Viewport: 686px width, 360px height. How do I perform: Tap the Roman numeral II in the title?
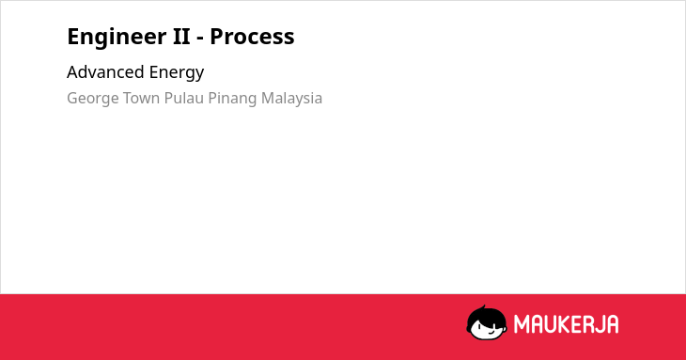point(181,37)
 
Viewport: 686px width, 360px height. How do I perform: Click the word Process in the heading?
point(252,37)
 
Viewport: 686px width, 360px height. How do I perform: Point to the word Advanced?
point(105,71)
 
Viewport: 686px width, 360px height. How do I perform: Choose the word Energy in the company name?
point(177,73)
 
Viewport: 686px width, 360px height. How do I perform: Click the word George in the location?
point(92,100)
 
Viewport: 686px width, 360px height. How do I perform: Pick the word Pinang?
point(232,100)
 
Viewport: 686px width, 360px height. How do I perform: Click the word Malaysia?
point(291,100)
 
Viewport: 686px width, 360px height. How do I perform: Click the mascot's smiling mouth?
point(490,332)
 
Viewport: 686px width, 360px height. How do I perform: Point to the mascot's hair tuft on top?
point(483,307)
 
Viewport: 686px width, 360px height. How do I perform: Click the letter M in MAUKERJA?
point(522,324)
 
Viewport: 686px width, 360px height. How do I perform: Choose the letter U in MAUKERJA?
point(552,324)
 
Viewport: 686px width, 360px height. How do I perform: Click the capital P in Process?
point(216,37)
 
